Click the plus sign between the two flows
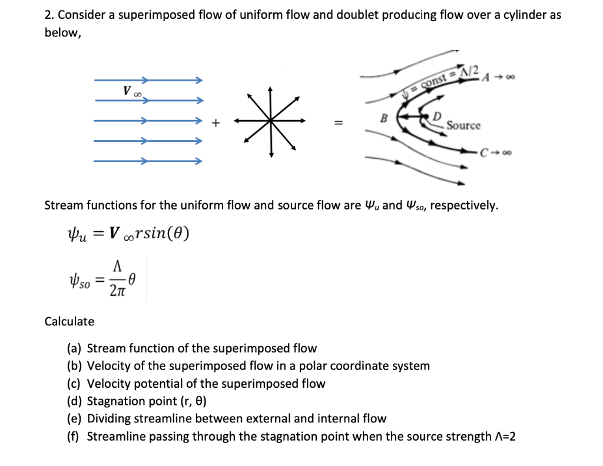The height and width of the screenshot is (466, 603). coord(216,123)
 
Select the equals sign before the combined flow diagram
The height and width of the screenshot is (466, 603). coord(338,123)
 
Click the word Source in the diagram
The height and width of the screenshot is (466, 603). coord(463,126)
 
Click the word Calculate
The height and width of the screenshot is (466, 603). coord(69,321)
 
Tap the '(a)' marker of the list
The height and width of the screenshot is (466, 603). coord(75,348)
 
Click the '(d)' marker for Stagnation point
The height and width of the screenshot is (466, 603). coord(75,401)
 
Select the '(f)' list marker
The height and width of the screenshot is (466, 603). coord(74,437)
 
